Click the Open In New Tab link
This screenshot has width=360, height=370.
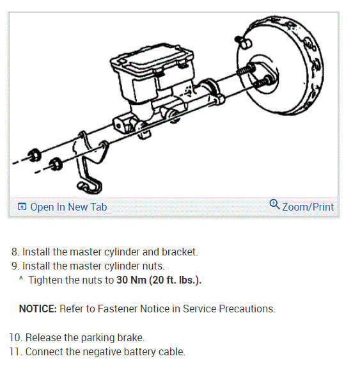[x=68, y=207]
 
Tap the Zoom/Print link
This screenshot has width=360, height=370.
[x=308, y=207]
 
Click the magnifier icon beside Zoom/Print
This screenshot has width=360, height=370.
[x=275, y=205]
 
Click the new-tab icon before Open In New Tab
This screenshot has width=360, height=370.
[x=22, y=207]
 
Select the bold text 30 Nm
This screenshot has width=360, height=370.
[x=132, y=280]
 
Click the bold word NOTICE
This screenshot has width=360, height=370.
[x=38, y=309]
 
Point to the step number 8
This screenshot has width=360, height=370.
[x=15, y=252]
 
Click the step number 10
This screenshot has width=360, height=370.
[x=15, y=337]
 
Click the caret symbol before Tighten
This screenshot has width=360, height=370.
[x=22, y=279]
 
